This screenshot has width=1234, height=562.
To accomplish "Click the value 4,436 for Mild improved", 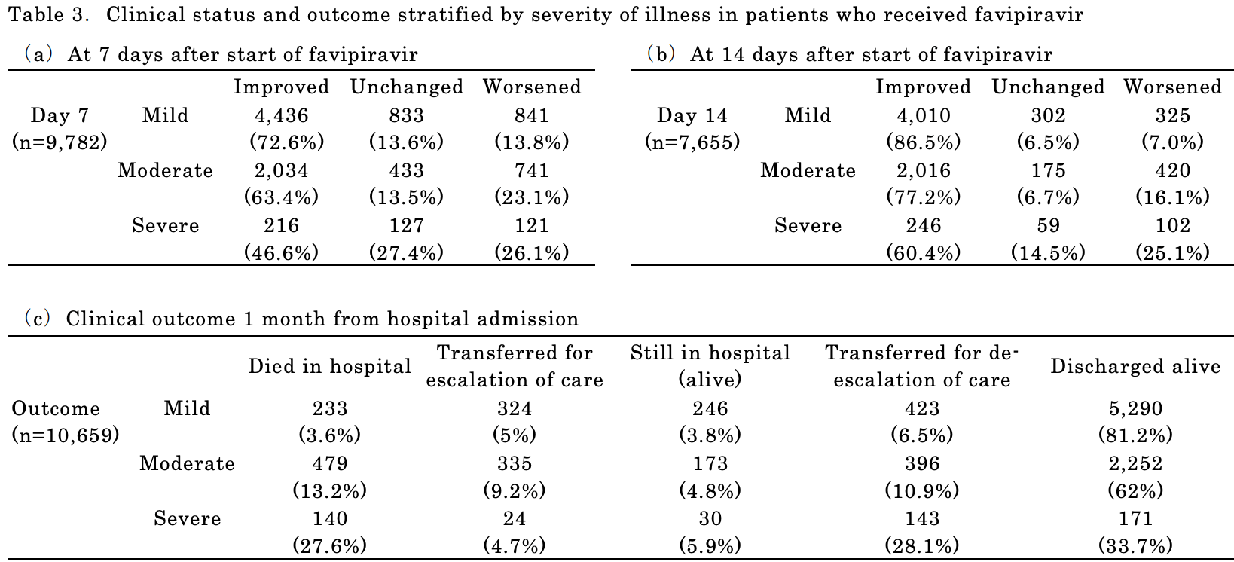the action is (x=282, y=115).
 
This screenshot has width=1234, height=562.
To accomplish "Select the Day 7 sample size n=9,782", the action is (x=60, y=142).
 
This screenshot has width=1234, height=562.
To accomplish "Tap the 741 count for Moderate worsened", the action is (x=532, y=170).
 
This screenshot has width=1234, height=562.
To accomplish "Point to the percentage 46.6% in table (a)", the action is (x=282, y=252).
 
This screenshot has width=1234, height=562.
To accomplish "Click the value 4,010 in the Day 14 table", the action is (x=924, y=115).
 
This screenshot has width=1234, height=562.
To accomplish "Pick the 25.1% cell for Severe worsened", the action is (x=1173, y=252).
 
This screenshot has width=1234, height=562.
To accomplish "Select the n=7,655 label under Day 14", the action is (x=692, y=142).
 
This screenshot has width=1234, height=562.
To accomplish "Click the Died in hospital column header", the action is (x=329, y=366).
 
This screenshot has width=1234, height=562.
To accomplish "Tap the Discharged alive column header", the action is (x=1135, y=366).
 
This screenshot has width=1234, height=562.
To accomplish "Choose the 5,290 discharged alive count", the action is (x=1135, y=408).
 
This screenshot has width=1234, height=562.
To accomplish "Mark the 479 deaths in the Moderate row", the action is (x=330, y=463).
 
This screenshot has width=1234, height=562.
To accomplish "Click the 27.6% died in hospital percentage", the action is (x=330, y=545).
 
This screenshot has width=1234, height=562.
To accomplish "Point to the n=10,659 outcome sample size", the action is (x=66, y=435).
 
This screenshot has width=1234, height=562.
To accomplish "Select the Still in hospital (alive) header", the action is (x=710, y=366).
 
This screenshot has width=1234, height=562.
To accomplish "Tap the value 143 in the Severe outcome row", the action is (x=922, y=518).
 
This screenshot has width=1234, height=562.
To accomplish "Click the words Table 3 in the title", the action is (x=48, y=14).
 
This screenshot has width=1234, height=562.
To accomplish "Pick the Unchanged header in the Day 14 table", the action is (x=1049, y=87).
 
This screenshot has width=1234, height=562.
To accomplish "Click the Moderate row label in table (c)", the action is (x=188, y=463).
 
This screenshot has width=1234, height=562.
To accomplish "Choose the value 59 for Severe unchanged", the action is (x=1049, y=225).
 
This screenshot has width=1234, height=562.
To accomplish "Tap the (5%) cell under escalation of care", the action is (x=515, y=435).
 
